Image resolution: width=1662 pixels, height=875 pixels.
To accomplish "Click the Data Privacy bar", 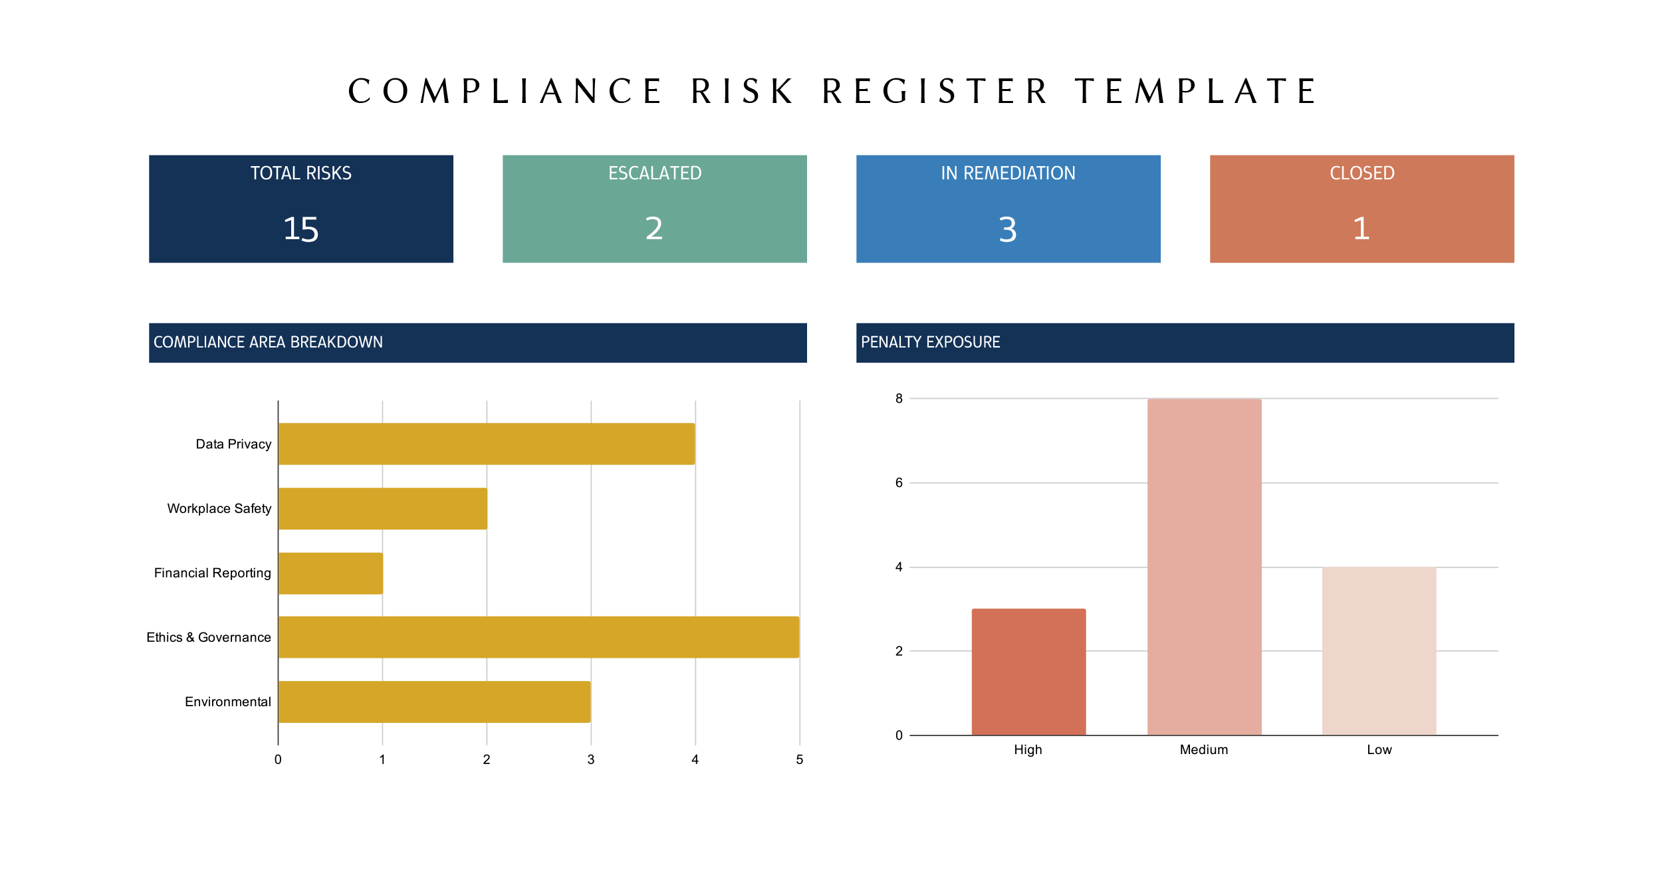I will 486,444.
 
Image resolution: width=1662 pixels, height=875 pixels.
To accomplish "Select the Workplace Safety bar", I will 382,508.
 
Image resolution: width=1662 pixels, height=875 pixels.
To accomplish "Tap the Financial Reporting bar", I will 330,573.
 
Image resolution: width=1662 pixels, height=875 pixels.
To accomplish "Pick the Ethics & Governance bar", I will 538,637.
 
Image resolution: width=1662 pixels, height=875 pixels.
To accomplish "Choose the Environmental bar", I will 434,702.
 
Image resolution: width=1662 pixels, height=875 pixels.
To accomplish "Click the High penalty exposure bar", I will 1028,672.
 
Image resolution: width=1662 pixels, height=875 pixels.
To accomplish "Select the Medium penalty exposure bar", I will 1203,567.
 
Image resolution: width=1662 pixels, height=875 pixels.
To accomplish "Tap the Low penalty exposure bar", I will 1379,651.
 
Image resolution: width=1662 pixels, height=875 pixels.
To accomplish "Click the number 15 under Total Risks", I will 300,229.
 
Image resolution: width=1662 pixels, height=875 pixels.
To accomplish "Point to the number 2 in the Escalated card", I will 654,229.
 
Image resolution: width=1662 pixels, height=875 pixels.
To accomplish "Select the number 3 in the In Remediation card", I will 1008,229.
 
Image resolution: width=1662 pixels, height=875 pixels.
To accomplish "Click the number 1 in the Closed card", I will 1361,229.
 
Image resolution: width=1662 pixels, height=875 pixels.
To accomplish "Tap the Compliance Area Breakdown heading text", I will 268,342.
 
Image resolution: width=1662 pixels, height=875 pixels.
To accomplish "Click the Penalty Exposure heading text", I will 930,342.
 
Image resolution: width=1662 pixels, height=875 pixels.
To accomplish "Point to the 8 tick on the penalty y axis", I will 899,399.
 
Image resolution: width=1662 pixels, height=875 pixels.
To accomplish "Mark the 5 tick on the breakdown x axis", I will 799,759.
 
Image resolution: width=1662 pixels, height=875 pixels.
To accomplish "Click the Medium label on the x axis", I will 1203,749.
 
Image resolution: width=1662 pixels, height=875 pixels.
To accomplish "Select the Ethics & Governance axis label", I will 209,637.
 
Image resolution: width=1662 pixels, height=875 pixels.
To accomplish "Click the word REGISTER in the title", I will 935,92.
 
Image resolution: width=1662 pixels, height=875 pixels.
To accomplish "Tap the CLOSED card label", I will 1362,173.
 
